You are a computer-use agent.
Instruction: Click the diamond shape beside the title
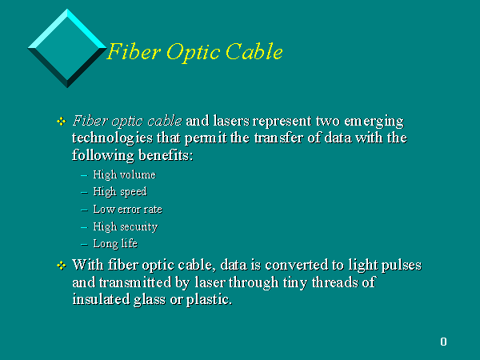[x=67, y=48]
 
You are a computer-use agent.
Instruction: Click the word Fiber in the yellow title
[x=134, y=51]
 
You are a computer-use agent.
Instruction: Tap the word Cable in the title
[x=254, y=51]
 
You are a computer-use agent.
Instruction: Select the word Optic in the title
[x=193, y=52]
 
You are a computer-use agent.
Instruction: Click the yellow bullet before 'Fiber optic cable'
[x=62, y=122]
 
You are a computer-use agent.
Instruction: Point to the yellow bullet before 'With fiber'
[x=62, y=266]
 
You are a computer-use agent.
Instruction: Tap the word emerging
[x=374, y=122]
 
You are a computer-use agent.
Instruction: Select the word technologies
[x=112, y=138]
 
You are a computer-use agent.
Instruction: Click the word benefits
[x=166, y=155]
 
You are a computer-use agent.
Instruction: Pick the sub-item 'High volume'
[x=125, y=174]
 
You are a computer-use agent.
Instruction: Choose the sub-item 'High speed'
[x=120, y=192]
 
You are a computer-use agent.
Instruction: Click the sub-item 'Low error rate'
[x=128, y=210]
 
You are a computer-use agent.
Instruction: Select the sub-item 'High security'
[x=126, y=227]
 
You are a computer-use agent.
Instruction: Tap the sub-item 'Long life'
[x=115, y=244]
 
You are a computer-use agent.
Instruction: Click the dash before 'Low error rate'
[x=84, y=210]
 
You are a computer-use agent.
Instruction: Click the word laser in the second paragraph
[x=210, y=282]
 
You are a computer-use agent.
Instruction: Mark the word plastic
[x=209, y=300]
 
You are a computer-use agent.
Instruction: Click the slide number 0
[x=443, y=342]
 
